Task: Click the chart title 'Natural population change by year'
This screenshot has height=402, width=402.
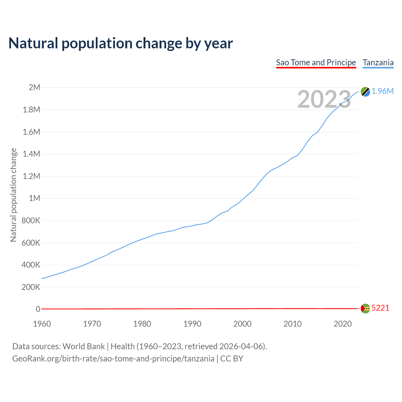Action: click(121, 43)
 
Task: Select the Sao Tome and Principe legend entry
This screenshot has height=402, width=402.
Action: click(316, 62)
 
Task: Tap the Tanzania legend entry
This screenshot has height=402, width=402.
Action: click(378, 62)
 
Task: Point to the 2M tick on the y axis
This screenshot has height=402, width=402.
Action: click(34, 87)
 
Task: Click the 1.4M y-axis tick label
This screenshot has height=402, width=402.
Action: click(31, 154)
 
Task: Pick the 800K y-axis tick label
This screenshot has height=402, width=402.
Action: click(31, 220)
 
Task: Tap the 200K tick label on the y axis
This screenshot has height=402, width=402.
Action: click(31, 287)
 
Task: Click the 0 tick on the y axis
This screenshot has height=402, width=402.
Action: click(38, 309)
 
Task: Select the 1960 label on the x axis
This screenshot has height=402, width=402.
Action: click(42, 324)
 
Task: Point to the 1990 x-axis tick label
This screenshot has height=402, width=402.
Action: click(192, 324)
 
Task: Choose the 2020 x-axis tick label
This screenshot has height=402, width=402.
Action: click(343, 324)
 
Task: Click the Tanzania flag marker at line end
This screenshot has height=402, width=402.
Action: click(365, 92)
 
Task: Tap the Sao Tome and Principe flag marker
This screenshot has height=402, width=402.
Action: click(365, 308)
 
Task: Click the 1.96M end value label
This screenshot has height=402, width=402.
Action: click(383, 91)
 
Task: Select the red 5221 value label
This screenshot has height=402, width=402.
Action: click(380, 308)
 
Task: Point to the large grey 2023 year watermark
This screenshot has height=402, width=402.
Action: click(324, 99)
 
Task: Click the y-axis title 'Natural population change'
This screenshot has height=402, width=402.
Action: click(13, 195)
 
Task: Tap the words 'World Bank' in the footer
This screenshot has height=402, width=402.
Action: click(84, 346)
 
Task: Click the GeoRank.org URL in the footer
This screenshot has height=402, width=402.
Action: click(113, 359)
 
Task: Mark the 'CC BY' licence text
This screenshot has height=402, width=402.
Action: click(232, 359)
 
